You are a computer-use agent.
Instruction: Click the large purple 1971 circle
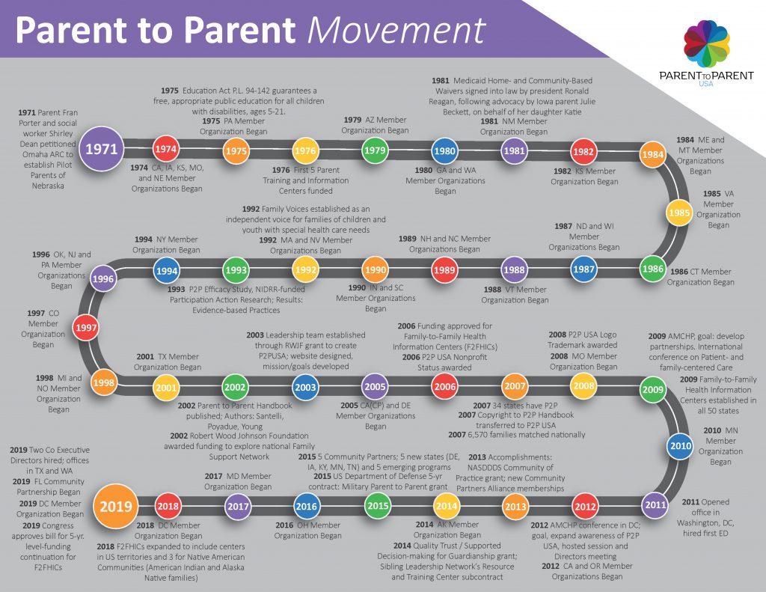(x=102, y=149)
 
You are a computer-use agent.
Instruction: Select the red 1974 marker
(x=166, y=149)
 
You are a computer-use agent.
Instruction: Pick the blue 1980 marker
(x=445, y=150)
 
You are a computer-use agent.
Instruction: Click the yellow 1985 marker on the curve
(x=679, y=213)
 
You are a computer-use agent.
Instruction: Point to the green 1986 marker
(x=652, y=267)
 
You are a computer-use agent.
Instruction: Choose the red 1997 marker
(x=86, y=326)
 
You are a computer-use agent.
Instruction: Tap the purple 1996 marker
(x=103, y=279)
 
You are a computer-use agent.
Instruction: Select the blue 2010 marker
(x=680, y=446)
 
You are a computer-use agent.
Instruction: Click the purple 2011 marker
(x=655, y=504)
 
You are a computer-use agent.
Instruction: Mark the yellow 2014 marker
(x=446, y=507)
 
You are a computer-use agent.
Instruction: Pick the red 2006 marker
(x=445, y=387)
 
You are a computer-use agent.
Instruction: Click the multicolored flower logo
(x=706, y=43)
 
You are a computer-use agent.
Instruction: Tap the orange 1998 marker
(x=103, y=382)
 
